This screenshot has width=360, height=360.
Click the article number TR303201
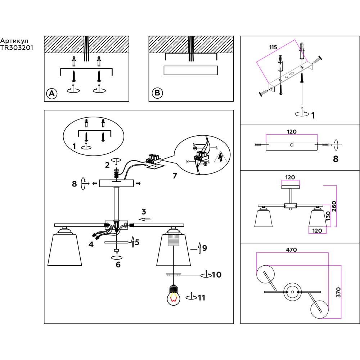(17, 48)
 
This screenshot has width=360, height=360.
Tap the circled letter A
(52, 94)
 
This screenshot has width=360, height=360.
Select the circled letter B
(157, 93)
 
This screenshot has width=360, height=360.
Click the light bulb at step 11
(174, 295)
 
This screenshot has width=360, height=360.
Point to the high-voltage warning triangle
(220, 157)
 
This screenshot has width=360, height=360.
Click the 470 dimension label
(291, 249)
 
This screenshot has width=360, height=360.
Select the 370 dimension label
(338, 292)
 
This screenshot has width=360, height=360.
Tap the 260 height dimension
(334, 206)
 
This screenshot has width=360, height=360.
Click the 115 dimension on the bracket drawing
(273, 47)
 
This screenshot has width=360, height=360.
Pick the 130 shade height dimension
(328, 216)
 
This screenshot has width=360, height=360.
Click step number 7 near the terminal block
(175, 176)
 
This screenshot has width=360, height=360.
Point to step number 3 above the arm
(144, 211)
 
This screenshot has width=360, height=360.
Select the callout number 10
(216, 275)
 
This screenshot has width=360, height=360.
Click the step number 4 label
(91, 244)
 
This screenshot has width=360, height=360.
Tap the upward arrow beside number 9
(199, 248)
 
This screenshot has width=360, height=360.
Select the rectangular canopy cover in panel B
(190, 71)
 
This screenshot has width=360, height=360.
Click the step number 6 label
(118, 265)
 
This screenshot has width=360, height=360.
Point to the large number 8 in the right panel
(336, 159)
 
